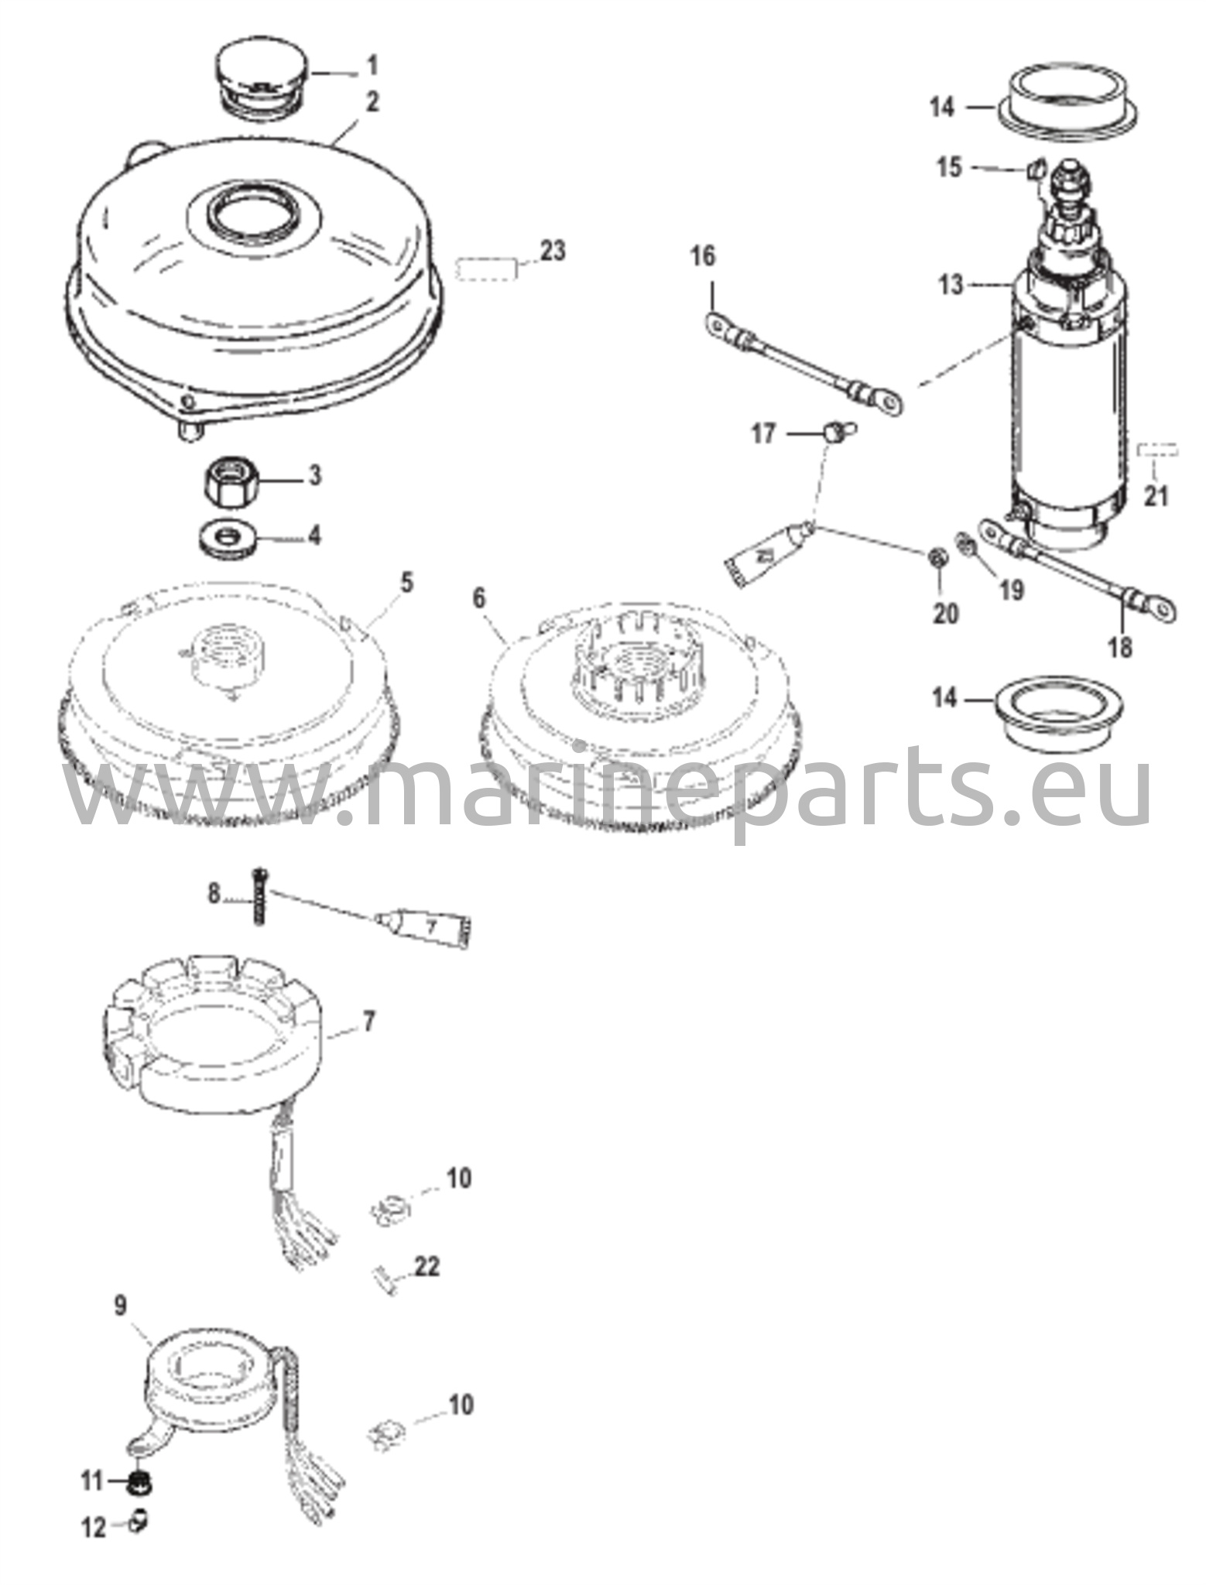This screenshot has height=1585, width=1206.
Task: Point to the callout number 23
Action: tap(552, 252)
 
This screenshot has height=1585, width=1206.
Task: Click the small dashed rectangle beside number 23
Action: tap(487, 271)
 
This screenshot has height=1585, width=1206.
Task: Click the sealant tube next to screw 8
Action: tap(426, 927)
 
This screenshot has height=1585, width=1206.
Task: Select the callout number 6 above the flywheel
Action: tap(480, 600)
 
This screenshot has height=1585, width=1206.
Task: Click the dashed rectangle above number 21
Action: tap(1156, 450)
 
